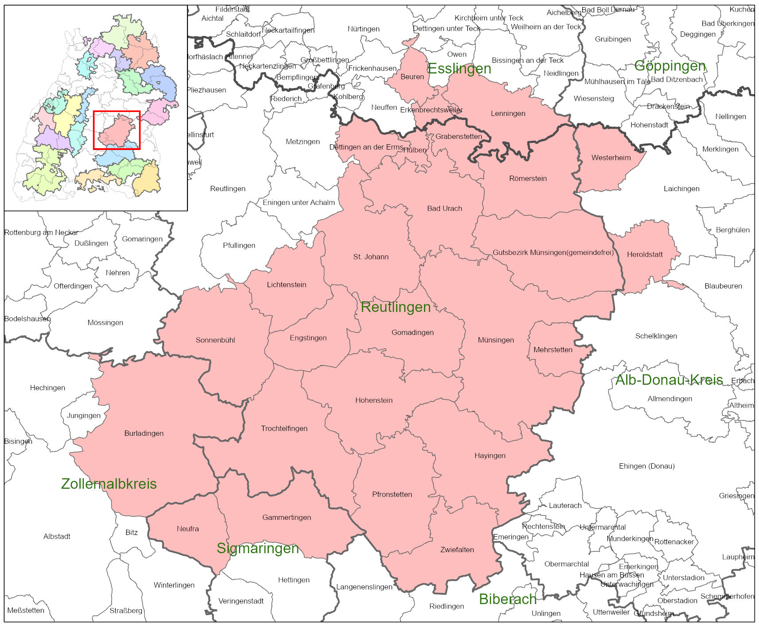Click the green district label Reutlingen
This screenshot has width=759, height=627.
coord(396,307)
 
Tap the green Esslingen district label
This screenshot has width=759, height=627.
coord(459,69)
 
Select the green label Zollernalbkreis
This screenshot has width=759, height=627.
coord(109,484)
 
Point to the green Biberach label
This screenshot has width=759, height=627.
coord(508,599)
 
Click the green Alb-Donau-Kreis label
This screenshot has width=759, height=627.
coord(669,380)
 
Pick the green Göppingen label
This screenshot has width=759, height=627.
coord(669,66)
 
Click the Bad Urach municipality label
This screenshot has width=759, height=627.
coord(444,208)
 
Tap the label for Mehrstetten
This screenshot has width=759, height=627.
coord(553,350)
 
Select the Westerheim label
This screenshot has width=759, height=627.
coord(611,158)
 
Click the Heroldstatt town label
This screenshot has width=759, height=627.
coord(645,254)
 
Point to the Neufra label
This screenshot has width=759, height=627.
coord(188,529)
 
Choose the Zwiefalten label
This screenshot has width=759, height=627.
coord(457,550)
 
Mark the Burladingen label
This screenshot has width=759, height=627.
coord(144,433)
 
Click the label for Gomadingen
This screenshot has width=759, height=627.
coord(413,332)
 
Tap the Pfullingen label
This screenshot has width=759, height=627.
coord(239,246)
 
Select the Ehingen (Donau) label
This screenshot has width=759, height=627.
coord(646,466)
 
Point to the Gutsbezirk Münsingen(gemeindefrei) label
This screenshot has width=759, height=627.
coord(553,253)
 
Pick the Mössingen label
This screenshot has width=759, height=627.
coord(105,323)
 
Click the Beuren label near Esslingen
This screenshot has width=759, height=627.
coord(412,77)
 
